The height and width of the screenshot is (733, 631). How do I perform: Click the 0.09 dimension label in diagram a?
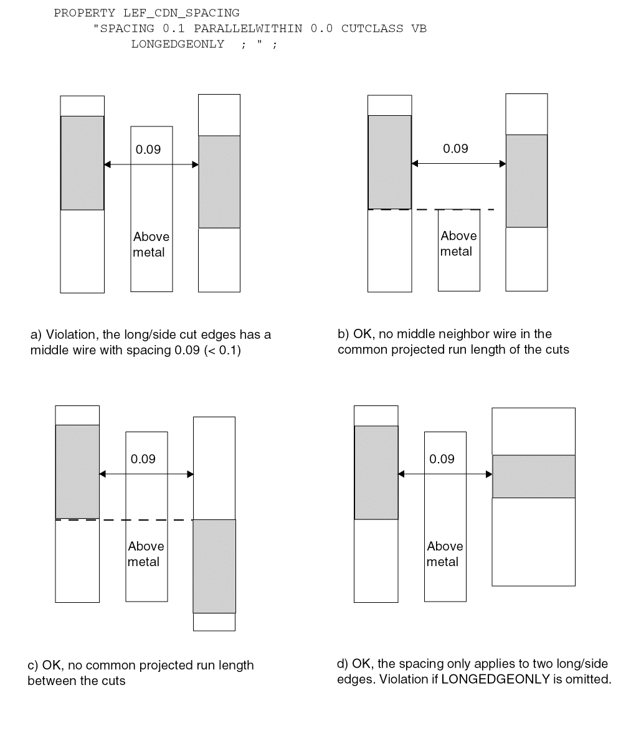[x=148, y=149]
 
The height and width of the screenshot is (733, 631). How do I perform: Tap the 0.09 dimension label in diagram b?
[x=455, y=149]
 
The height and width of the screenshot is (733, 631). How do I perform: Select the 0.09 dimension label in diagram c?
[x=143, y=459]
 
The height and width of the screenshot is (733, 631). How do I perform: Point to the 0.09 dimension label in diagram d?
[x=442, y=459]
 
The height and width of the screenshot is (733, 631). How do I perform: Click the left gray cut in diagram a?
[x=82, y=163]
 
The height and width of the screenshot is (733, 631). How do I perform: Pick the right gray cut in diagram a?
[x=219, y=182]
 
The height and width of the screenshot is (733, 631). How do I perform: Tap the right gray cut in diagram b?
[x=526, y=181]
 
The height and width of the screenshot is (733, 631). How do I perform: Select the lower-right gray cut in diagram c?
[x=214, y=566]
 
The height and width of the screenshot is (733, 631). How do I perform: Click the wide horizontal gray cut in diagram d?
[x=533, y=476]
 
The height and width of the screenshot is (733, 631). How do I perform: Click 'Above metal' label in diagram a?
[x=150, y=244]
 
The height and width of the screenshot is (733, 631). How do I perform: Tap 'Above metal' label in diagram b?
[x=458, y=244]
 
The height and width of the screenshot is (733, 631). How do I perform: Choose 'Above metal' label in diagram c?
[x=145, y=554]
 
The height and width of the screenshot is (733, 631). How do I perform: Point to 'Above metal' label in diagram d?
[x=444, y=554]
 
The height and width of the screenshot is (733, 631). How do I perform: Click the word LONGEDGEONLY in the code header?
[x=178, y=44]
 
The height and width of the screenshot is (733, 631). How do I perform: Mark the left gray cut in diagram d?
[x=376, y=472]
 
